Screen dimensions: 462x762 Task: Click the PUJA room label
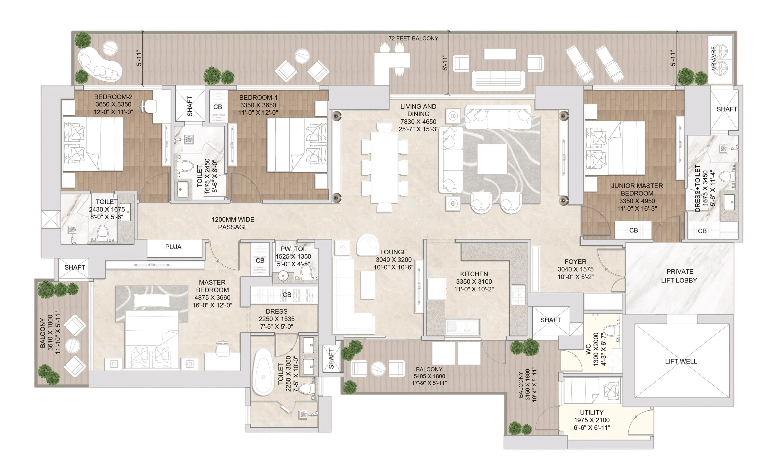173,247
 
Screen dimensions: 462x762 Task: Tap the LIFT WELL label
681,361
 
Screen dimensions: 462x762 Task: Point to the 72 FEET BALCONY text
413,38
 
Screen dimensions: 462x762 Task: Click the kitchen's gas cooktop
518,295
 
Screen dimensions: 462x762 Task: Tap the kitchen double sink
462,327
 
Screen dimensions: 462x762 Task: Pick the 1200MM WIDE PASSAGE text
233,223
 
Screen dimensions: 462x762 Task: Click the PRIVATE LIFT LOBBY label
679,276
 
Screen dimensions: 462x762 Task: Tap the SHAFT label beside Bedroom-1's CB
190,106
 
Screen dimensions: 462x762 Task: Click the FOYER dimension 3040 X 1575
575,269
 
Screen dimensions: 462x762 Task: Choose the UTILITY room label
591,412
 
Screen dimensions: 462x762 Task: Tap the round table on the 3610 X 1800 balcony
73,346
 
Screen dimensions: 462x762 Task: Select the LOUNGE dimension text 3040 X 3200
393,260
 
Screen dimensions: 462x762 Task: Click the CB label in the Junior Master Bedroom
633,230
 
